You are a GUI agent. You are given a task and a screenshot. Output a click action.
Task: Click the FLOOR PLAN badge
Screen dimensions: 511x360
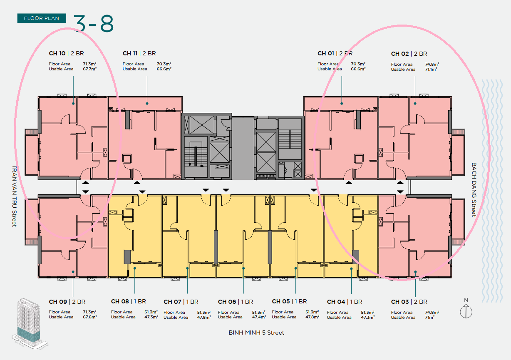click(42, 18)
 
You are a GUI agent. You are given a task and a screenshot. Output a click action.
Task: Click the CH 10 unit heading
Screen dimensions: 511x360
click(67, 53)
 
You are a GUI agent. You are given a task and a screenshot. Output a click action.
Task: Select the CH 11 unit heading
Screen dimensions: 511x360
click(139, 53)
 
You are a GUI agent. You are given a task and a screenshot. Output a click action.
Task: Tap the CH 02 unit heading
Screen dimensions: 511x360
click(409, 54)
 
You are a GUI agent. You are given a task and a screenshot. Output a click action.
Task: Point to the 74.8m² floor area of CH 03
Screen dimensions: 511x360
click(432, 312)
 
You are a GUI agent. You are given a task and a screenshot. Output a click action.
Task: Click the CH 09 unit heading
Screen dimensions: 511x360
click(67, 302)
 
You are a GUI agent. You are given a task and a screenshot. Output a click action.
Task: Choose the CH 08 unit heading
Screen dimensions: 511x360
click(129, 301)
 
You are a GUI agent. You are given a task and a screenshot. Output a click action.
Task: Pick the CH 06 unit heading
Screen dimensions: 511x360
click(236, 302)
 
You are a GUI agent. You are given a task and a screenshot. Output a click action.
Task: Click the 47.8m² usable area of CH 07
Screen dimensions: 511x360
click(204, 317)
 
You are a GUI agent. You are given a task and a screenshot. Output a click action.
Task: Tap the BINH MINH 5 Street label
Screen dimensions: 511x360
click(256, 333)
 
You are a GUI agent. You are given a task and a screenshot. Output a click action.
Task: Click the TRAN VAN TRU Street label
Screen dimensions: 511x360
click(15, 196)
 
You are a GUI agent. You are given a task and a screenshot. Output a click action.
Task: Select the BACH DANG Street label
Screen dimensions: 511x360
click(474, 190)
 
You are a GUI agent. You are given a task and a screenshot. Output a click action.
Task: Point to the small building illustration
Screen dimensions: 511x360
click(30, 323)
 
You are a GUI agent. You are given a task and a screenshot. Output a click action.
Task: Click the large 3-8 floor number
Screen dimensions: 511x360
click(94, 23)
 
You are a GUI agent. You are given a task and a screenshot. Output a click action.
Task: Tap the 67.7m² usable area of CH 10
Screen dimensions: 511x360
click(89, 69)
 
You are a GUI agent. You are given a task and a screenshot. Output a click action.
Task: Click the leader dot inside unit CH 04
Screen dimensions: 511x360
click(351, 268)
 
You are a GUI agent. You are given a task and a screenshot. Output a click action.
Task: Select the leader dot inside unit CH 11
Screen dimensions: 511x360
click(147, 104)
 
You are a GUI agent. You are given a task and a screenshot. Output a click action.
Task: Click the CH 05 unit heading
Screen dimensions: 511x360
click(289, 301)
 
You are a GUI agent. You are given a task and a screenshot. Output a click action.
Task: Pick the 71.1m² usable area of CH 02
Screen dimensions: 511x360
click(431, 70)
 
